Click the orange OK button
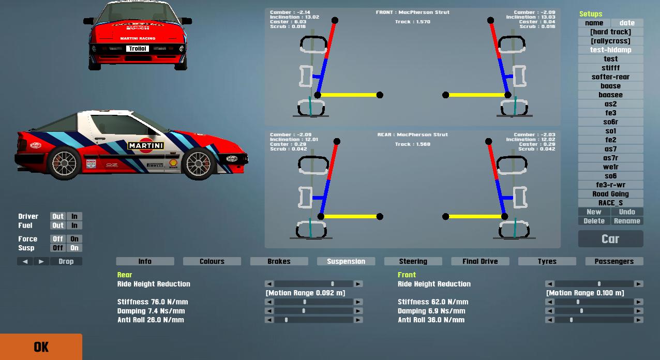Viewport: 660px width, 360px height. point(41,347)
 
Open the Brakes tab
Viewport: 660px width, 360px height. point(279,261)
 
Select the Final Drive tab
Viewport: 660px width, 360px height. point(480,261)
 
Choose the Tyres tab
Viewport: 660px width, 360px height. point(547,261)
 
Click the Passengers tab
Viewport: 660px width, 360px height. point(614,261)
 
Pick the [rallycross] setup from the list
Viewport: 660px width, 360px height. point(610,41)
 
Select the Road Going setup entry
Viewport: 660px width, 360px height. point(610,194)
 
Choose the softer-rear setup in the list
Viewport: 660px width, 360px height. point(610,77)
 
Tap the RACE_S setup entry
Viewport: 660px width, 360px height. point(610,203)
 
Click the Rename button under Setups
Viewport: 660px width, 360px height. point(627,221)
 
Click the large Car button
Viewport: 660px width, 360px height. point(610,239)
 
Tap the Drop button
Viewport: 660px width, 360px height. point(66,261)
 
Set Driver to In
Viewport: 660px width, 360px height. point(74,216)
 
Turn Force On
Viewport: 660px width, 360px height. point(74,239)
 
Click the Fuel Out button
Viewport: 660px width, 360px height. point(58,226)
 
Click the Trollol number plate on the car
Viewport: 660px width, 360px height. point(138,49)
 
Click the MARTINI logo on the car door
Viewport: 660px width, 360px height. point(146,146)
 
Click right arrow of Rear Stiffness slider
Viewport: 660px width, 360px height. point(358,302)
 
